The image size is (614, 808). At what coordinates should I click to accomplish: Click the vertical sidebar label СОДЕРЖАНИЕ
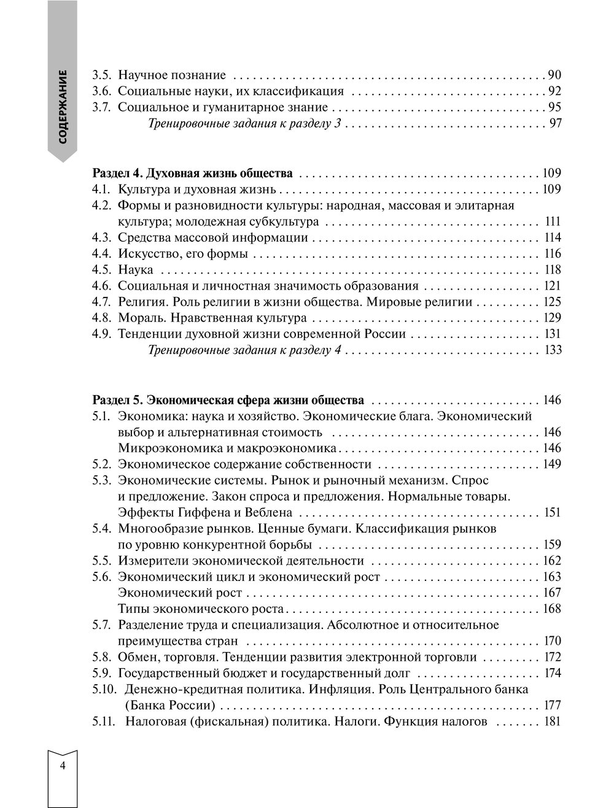pos(63,107)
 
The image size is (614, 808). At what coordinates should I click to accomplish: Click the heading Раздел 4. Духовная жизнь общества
pos(192,174)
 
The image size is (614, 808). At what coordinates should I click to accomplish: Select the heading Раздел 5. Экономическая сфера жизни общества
pos(228,401)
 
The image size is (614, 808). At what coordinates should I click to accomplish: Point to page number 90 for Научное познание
pos(554,75)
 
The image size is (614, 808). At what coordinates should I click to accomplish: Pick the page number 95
pos(554,107)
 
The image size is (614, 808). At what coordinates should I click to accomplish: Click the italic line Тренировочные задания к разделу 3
pos(245,124)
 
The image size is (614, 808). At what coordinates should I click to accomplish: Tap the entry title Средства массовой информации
pos(212,238)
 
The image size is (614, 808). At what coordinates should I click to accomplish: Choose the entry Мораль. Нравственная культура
pos(212,318)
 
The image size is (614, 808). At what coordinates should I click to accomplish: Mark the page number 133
pos(553,350)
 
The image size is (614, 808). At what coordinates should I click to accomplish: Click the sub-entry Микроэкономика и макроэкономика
pos(227,448)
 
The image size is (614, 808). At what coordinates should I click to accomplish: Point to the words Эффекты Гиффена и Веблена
pos(205,512)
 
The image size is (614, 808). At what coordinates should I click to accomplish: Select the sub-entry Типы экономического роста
pos(201,609)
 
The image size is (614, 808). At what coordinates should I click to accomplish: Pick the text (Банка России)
pos(169,706)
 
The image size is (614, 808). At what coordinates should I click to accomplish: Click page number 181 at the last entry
pos(553,721)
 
